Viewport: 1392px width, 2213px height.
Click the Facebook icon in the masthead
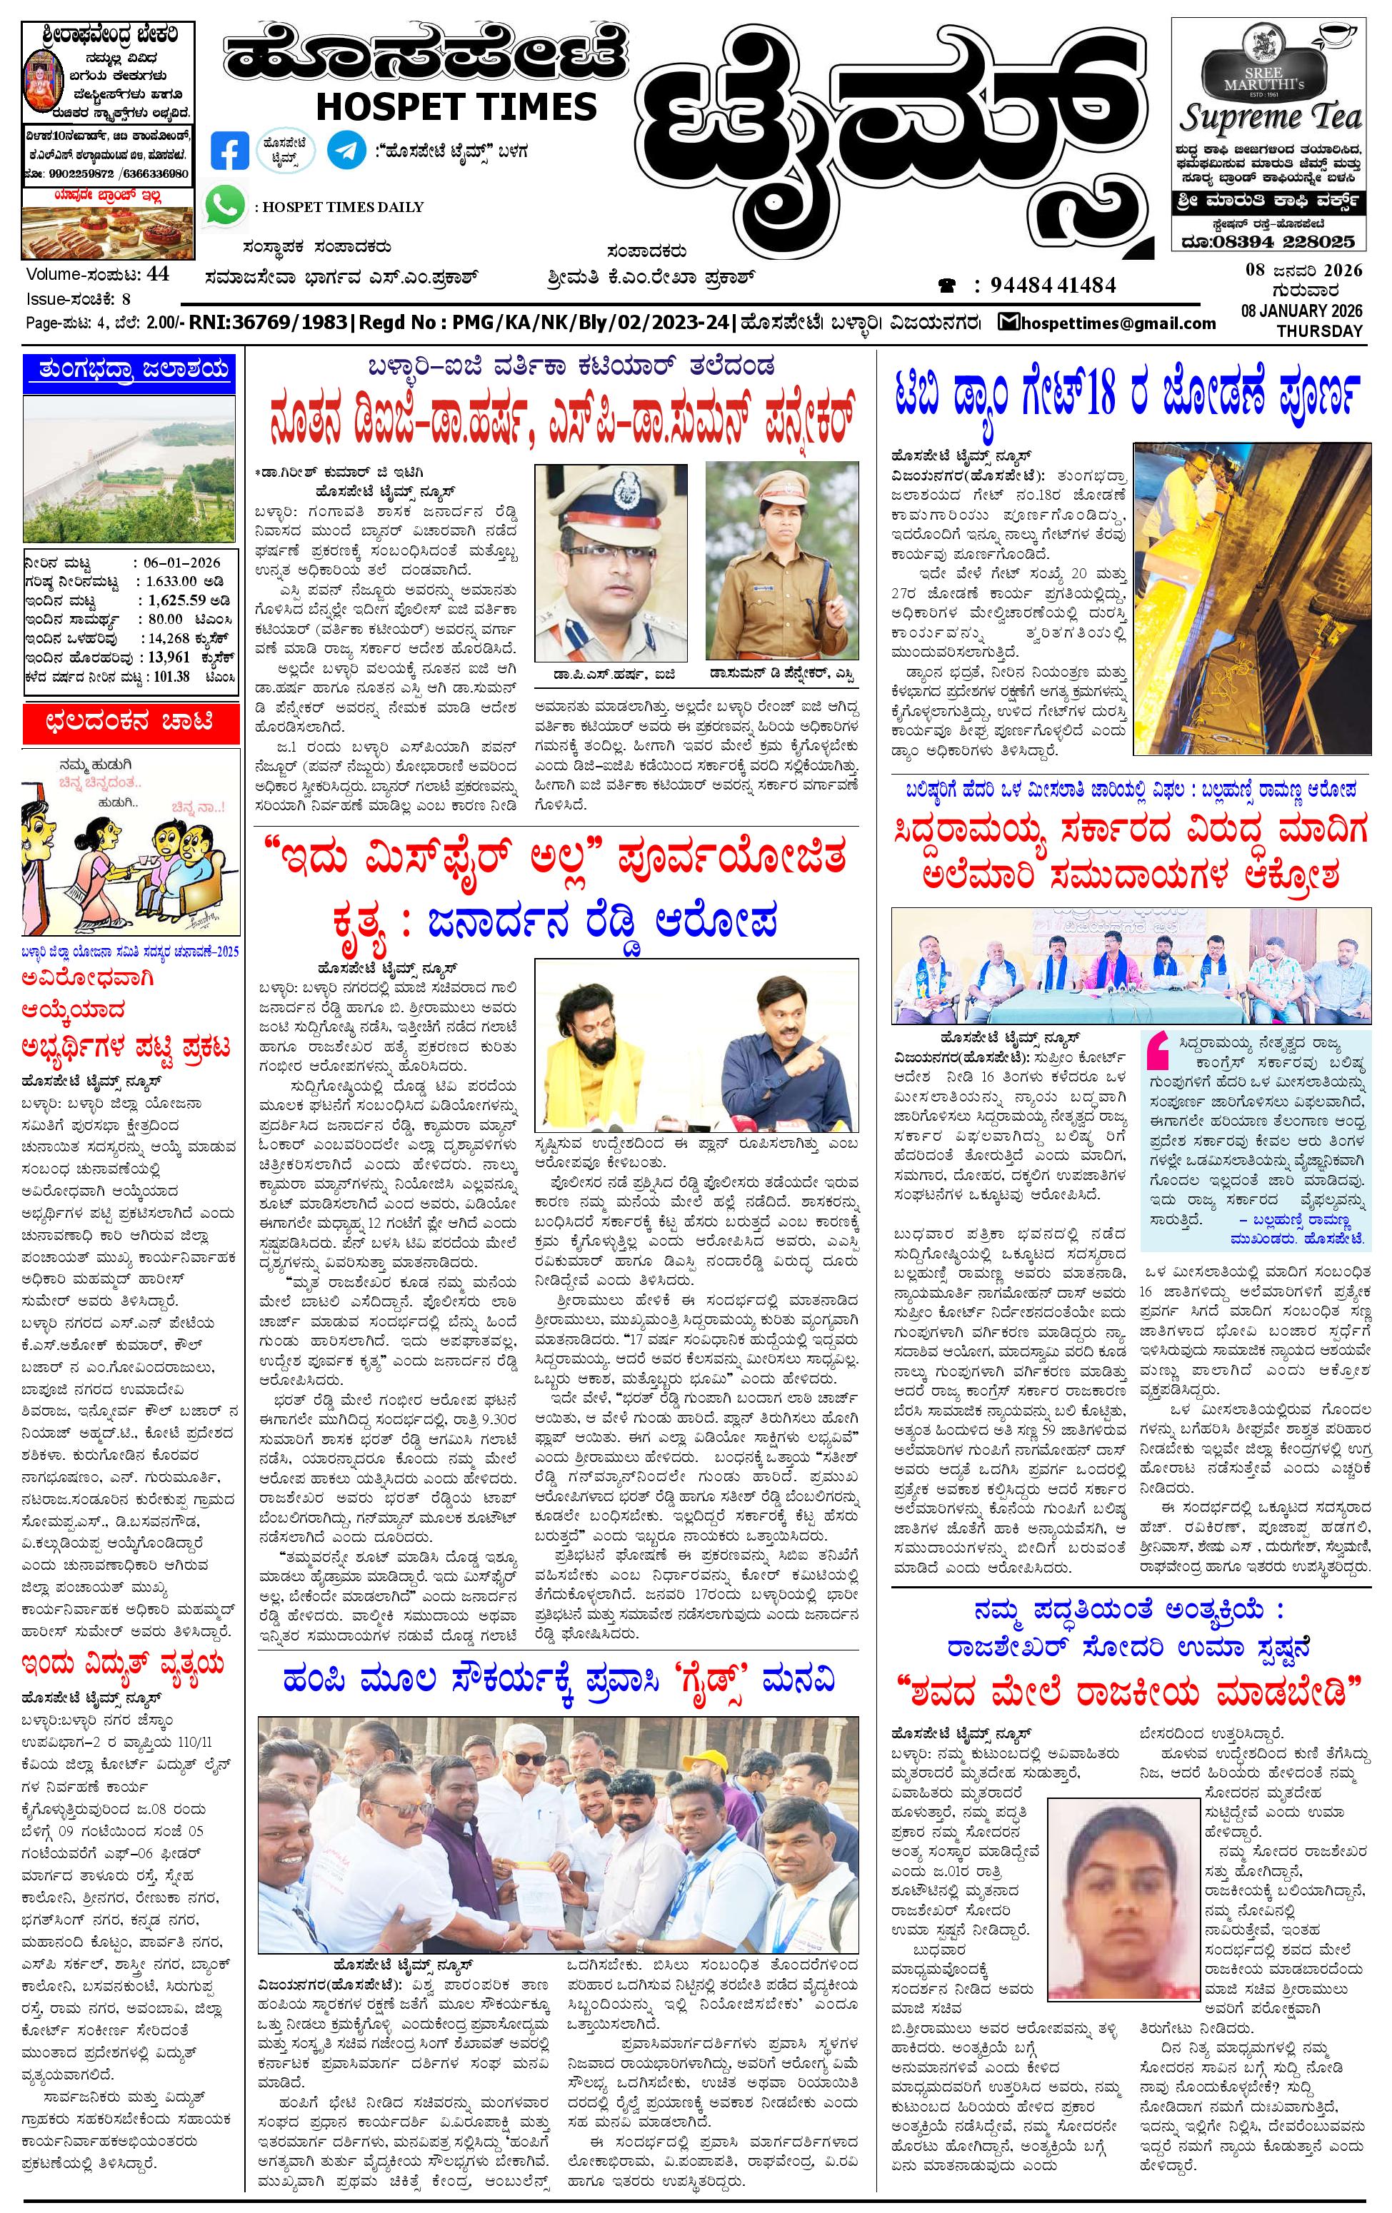tap(229, 151)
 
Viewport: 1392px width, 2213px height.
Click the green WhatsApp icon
tap(225, 204)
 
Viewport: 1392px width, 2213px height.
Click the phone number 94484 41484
tap(1053, 285)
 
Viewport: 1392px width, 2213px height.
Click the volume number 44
tap(157, 274)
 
